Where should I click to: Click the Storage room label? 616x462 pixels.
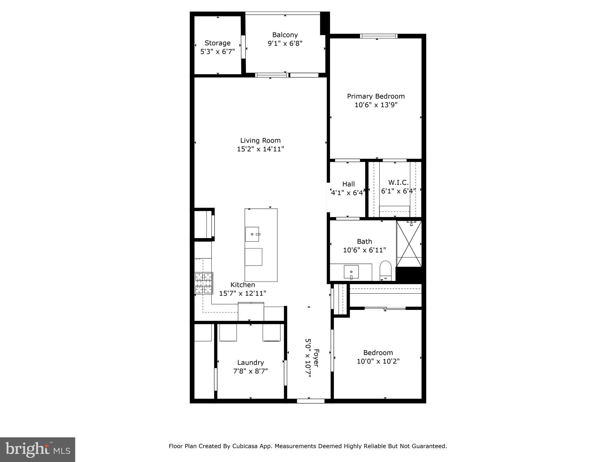(x=217, y=43)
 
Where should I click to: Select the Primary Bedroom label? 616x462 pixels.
(x=376, y=96)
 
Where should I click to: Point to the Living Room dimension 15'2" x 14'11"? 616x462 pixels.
(x=260, y=149)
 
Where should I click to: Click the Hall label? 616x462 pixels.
(x=348, y=184)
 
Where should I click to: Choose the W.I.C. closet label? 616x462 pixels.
(x=398, y=182)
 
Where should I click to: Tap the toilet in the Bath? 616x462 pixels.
(x=385, y=269)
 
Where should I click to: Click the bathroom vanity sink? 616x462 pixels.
(x=351, y=272)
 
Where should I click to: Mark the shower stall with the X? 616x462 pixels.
(x=409, y=244)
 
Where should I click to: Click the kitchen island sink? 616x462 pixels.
(x=252, y=234)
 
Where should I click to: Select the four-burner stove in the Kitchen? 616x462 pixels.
(x=204, y=283)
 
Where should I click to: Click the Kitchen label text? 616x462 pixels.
(x=242, y=285)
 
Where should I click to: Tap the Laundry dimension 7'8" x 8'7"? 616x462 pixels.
(x=250, y=371)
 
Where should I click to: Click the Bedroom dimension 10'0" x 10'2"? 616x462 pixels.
(x=378, y=361)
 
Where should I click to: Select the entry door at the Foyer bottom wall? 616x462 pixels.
(x=311, y=401)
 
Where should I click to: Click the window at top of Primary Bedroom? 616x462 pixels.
(x=379, y=36)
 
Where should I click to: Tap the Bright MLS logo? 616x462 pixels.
(x=38, y=449)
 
